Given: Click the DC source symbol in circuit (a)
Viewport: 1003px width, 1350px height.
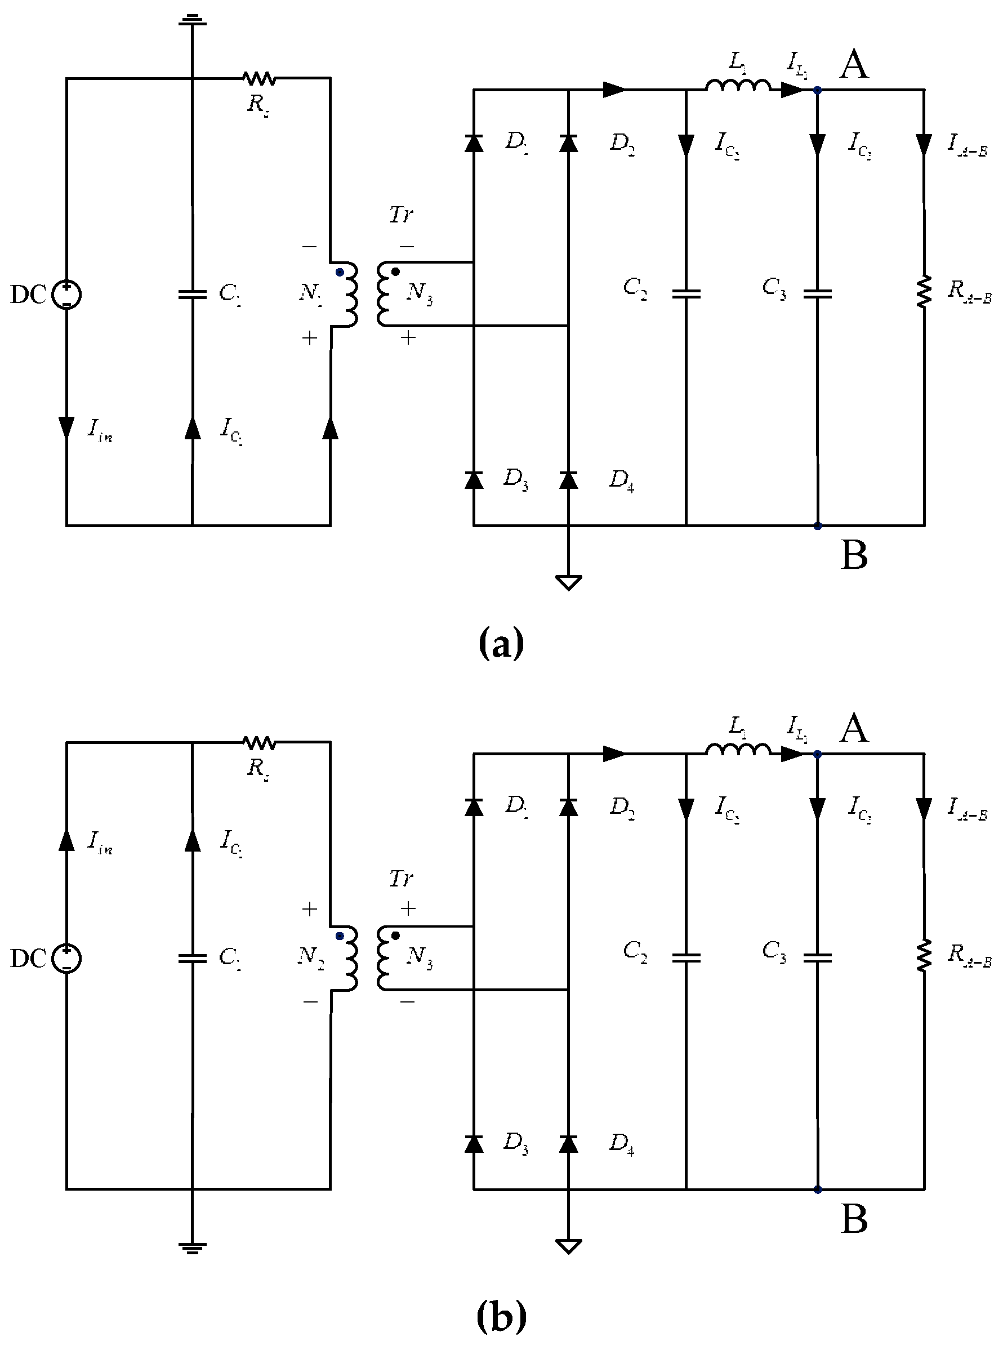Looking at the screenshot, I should tap(66, 295).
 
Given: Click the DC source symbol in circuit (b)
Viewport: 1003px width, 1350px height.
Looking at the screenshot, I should tap(66, 959).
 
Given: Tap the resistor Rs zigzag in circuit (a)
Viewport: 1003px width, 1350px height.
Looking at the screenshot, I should tap(259, 78).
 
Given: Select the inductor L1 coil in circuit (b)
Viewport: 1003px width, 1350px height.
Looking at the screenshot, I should tap(738, 751).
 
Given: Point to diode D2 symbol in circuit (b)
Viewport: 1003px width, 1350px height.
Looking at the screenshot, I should tap(568, 807).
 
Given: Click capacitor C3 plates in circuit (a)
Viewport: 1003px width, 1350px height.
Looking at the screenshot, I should tap(817, 295).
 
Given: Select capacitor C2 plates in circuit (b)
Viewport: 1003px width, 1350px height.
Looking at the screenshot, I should tap(686, 958).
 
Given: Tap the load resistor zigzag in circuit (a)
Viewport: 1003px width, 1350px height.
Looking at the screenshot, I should tap(924, 292).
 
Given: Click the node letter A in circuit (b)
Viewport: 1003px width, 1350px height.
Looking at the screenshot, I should tap(854, 728).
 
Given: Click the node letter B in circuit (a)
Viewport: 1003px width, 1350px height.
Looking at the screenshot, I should tap(854, 555).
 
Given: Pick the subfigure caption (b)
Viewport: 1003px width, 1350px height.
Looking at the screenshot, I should tap(501, 1316).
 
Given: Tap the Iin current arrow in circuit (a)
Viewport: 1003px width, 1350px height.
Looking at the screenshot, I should tap(66, 427).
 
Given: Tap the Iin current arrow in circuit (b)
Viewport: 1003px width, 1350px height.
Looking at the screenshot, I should tap(66, 840).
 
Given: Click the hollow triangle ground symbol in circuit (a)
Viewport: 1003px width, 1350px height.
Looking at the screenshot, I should tap(568, 582).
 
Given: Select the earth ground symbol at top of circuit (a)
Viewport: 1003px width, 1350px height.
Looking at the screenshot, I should tap(193, 21).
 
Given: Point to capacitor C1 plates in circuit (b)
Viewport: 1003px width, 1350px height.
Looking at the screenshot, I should tap(193, 959).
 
